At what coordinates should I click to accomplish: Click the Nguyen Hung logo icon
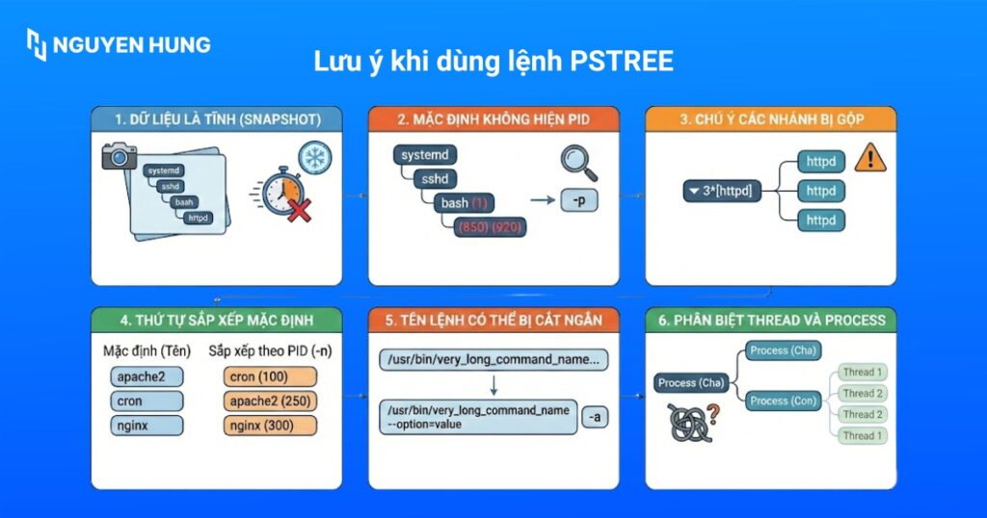[x=37, y=44]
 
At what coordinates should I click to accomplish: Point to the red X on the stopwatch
[x=299, y=211]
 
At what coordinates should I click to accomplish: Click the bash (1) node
[x=466, y=203]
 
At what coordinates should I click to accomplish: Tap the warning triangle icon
[x=870, y=157]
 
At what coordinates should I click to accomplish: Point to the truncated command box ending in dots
[x=493, y=360]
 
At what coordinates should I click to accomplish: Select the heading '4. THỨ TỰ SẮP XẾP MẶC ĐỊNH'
[x=216, y=320]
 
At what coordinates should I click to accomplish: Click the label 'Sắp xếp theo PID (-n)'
[x=269, y=351]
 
